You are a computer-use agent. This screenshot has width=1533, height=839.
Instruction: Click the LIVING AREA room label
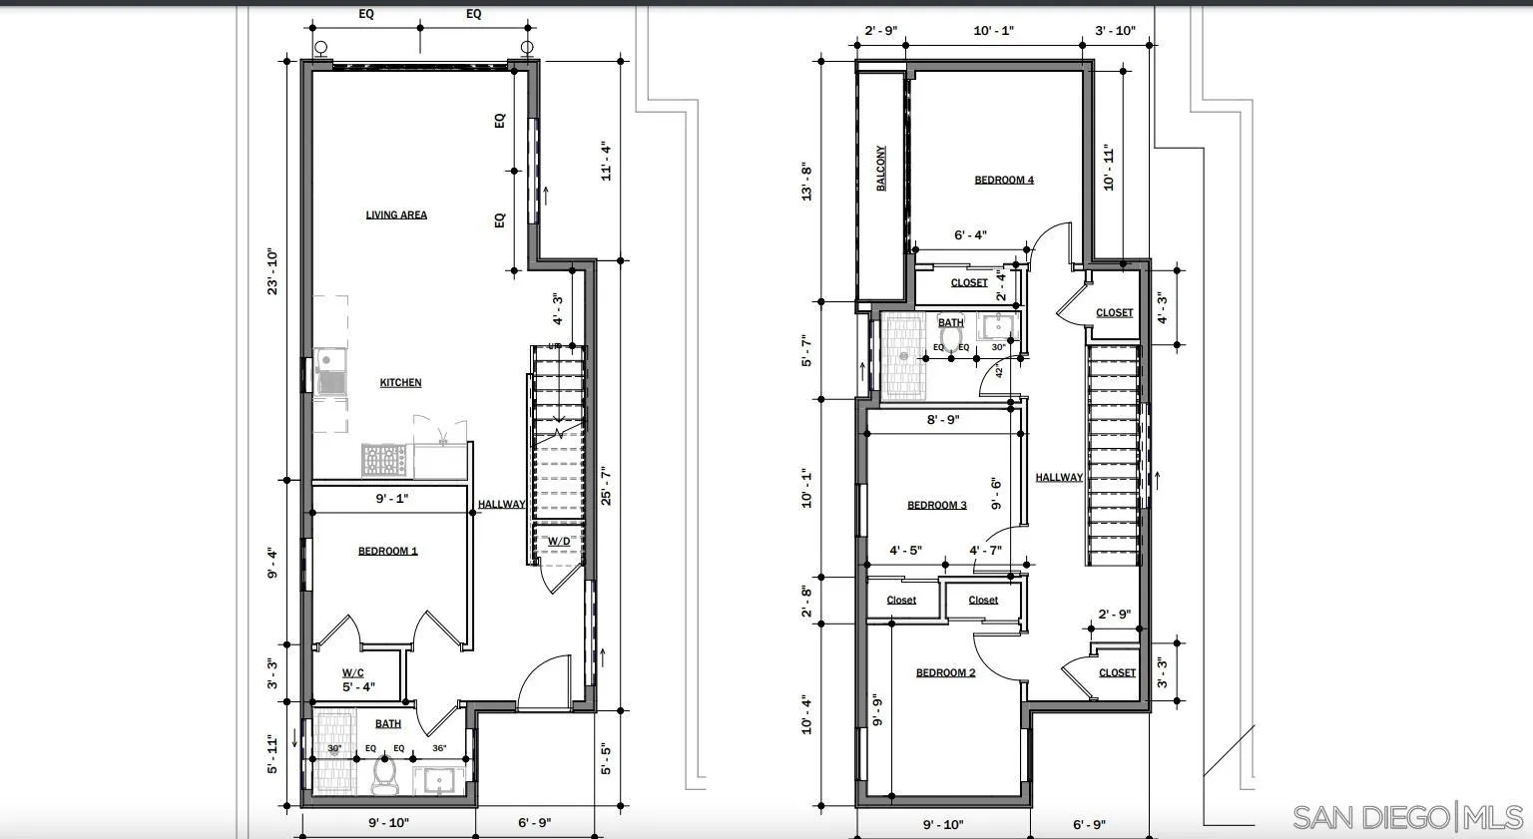pos(396,214)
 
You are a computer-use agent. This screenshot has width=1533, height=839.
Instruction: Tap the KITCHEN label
pos(400,383)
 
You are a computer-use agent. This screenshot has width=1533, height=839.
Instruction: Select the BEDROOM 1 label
pos(388,552)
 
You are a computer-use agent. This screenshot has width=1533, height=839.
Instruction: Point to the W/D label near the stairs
pos(559,542)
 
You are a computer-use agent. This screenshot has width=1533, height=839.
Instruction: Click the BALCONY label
pos(881,169)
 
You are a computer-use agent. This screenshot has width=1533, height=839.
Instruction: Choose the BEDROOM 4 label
pos(1004,181)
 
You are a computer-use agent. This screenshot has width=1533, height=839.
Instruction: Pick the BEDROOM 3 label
pos(936,506)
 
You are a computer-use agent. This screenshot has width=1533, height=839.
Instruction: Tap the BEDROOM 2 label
pos(945,673)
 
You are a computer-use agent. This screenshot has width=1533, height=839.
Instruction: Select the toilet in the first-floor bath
pos(384,776)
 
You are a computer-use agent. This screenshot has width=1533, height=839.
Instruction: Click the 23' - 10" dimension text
pos(269,271)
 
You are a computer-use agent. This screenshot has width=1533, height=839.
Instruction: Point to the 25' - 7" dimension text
pos(606,486)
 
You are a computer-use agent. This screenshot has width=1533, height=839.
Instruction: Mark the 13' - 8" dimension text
pos(806,182)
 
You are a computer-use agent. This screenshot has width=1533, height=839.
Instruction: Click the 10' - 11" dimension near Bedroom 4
pos(1108,168)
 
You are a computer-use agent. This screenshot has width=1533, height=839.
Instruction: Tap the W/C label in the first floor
pos(353,673)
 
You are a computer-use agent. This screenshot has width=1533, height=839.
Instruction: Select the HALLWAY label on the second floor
pos(1059,478)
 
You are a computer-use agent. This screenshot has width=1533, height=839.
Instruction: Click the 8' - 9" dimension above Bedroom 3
pos(943,420)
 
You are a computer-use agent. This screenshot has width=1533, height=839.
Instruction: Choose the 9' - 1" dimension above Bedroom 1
pos(391,498)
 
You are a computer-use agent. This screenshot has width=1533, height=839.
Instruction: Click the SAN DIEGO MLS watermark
pos(1407,816)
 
